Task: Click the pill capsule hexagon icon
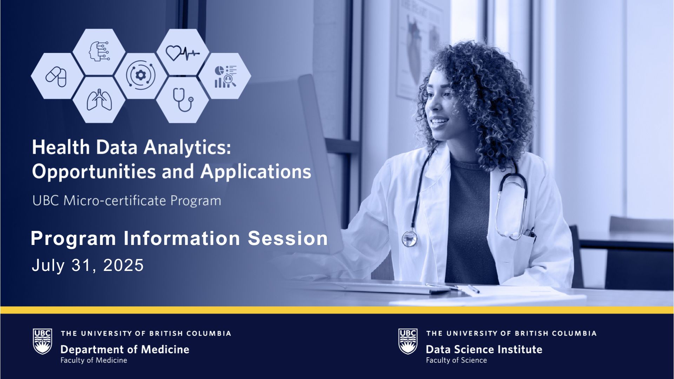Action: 56,77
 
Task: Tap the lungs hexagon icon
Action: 99,100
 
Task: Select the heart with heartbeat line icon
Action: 183,53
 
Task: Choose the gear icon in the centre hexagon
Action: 141,76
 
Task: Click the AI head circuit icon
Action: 99,52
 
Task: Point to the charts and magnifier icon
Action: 225,76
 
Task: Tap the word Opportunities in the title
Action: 94,172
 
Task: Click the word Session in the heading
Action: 288,238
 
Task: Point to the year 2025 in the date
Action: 124,265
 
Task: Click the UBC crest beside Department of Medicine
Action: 42,341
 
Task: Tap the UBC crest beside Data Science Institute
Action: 408,341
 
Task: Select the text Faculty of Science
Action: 456,360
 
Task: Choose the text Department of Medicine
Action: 125,350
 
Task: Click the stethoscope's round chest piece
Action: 410,239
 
